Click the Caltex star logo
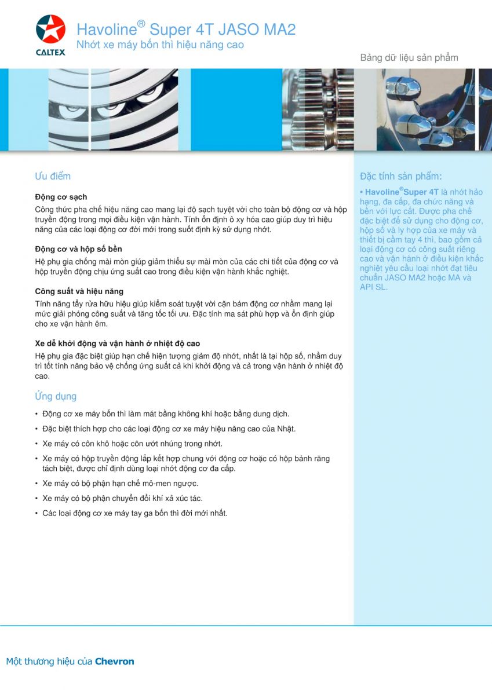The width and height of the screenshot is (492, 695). click(50, 30)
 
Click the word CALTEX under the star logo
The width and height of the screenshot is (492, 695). click(50, 52)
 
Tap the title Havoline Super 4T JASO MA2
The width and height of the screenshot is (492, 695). click(186, 29)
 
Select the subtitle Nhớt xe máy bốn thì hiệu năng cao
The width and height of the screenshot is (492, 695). click(160, 45)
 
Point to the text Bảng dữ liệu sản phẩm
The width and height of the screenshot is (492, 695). click(409, 57)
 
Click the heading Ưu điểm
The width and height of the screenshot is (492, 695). click(53, 176)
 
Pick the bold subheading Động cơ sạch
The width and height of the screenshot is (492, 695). click(61, 197)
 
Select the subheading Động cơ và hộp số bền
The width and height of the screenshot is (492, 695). click(78, 249)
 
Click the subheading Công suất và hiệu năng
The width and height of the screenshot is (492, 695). click(79, 291)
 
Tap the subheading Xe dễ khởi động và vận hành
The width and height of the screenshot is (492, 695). click(117, 343)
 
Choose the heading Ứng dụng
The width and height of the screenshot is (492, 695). click(56, 396)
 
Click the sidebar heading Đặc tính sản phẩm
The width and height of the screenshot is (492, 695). click(400, 176)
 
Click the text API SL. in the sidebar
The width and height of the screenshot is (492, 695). click(373, 287)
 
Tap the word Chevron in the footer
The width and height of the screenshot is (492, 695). click(114, 661)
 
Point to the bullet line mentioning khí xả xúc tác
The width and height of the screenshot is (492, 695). click(122, 498)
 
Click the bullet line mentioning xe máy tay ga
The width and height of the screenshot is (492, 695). click(134, 513)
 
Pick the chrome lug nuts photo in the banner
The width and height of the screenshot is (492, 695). click(426, 109)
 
